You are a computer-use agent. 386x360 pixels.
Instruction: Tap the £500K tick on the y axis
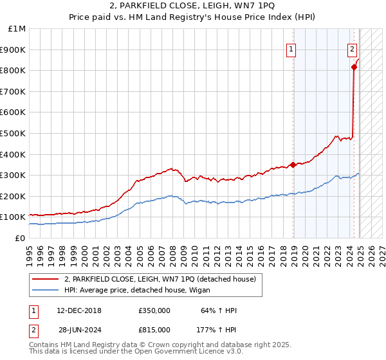(14, 133)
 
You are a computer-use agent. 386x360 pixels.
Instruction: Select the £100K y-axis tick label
(14, 217)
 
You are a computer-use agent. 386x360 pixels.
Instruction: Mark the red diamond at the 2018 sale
(293, 165)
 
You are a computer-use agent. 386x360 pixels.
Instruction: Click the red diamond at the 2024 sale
(354, 67)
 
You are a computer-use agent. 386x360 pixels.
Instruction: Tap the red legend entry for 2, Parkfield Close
(160, 279)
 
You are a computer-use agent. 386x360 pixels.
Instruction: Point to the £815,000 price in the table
(154, 329)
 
